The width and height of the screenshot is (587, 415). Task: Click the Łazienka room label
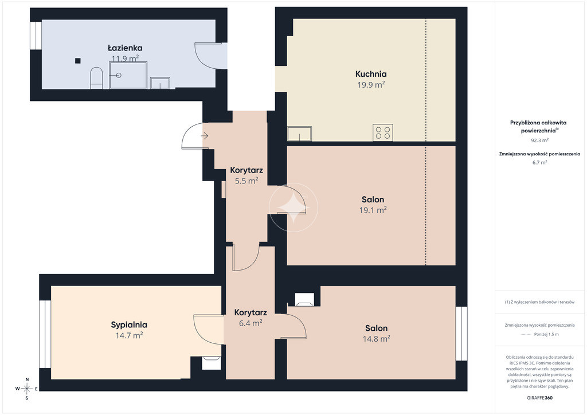pos(125,48)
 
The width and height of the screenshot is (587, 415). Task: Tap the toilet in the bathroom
pos(96,78)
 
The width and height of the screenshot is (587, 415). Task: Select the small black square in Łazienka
pos(77,61)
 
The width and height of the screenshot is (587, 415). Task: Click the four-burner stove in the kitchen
pos(382,132)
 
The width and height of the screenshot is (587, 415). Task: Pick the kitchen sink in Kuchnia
pos(299,134)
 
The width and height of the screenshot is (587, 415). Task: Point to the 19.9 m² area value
pos(371,85)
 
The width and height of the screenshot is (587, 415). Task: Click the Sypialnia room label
pos(129,325)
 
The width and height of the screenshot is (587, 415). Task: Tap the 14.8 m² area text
pos(376,339)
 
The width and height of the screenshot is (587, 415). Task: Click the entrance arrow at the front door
pos(205,136)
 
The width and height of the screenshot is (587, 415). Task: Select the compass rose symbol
pos(27,389)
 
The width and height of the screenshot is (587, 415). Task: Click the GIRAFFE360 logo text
pos(539,398)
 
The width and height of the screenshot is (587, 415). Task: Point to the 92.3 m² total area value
pos(539,140)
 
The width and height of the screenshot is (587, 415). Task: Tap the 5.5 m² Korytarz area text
pos(246,181)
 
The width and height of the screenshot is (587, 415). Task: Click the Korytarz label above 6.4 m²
pos(251,312)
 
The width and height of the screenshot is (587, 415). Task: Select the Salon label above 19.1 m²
pos(373,199)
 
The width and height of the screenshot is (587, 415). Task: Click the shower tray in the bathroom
pos(128,75)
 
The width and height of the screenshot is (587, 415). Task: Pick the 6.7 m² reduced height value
pos(539,162)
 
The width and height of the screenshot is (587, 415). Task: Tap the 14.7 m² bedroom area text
pos(129,335)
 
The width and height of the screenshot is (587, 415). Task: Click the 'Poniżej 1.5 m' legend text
pos(546,335)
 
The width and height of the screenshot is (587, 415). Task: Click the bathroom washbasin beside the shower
pos(160,83)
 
